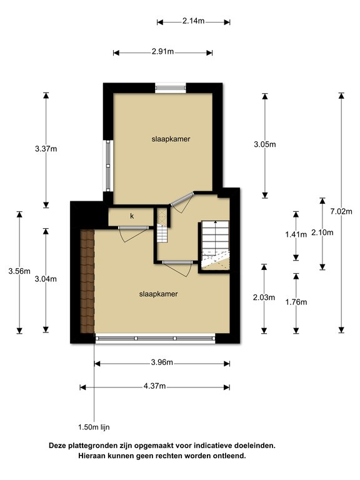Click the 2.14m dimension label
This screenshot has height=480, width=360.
click(193, 21)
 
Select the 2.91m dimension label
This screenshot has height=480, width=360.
click(163, 52)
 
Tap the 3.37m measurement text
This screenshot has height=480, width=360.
click(46, 149)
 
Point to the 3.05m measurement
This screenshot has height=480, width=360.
click(264, 144)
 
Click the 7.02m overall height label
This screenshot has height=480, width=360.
click(342, 211)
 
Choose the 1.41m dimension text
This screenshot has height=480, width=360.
click(296, 234)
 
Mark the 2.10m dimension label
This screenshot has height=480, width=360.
click(322, 232)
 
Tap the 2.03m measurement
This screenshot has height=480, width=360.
click(264, 297)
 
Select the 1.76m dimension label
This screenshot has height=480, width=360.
click(296, 302)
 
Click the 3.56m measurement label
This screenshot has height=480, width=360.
click(19, 271)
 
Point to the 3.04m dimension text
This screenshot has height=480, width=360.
click(46, 279)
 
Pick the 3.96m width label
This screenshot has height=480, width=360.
click(161, 363)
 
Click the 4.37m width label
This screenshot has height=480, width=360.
click(154, 386)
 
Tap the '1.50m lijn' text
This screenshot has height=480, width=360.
click(94, 427)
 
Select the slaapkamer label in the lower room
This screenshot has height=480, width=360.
click(154, 292)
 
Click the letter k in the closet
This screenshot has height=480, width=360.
click(132, 216)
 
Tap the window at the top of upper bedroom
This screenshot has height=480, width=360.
click(171, 87)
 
